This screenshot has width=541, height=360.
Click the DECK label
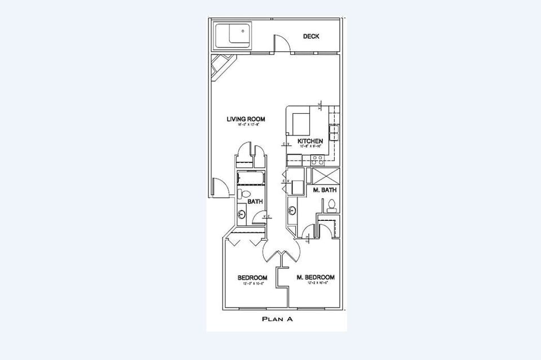pyautogui.click(x=311, y=37)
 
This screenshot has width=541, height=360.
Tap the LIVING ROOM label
pyautogui.click(x=246, y=119)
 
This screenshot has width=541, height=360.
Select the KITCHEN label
pyautogui.click(x=310, y=141)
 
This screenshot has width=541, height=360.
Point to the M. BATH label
pyautogui.click(x=325, y=190)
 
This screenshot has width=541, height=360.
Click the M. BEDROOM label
pyautogui.click(x=316, y=277)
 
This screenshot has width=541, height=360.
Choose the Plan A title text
pyautogui.click(x=277, y=319)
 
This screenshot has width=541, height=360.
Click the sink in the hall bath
pyautogui.click(x=242, y=214)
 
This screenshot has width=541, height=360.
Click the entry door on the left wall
pyautogui.click(x=220, y=187)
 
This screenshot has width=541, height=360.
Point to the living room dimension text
pyautogui.click(x=246, y=125)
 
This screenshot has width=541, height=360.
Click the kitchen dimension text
pyautogui.click(x=310, y=146)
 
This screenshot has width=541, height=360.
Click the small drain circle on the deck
pyautogui.click(x=243, y=32)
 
